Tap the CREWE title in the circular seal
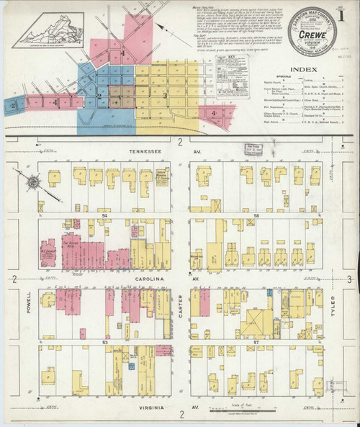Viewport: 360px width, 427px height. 310,32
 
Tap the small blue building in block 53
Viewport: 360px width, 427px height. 132,366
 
